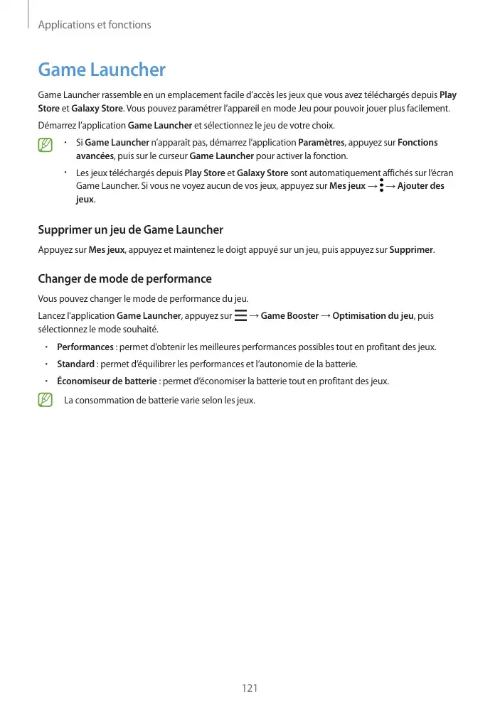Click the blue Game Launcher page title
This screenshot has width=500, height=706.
[101, 70]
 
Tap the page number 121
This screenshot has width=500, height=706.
[250, 688]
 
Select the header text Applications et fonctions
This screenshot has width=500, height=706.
[94, 25]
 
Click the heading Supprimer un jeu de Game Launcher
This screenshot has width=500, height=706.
[130, 229]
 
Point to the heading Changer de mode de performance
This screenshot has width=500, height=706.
[124, 278]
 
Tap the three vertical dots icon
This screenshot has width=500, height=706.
[381, 185]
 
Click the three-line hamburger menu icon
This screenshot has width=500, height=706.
[240, 315]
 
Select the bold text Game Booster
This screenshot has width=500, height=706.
[289, 316]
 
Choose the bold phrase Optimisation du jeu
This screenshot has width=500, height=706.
[373, 316]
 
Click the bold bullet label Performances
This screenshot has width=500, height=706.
[85, 347]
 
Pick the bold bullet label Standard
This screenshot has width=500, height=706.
[76, 364]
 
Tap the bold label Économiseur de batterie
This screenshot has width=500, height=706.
[107, 381]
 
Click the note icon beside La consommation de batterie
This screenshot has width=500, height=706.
[46, 400]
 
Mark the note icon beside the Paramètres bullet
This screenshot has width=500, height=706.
[46, 146]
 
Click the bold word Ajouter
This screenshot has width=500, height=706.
[414, 186]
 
